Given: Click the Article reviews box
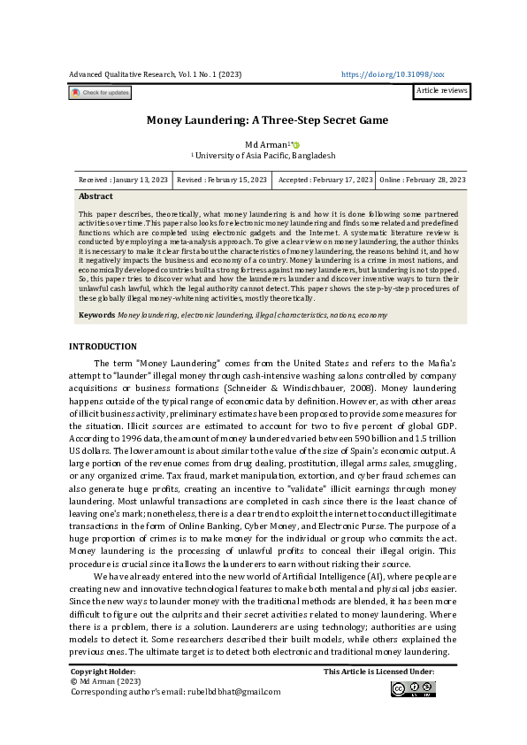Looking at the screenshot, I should [x=441, y=91].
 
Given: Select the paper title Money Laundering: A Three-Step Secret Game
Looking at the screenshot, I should [x=267, y=119].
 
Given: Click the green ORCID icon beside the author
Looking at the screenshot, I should [x=296, y=145].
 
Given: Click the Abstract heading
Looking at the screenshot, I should [x=95, y=196].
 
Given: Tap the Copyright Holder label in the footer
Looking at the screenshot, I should [x=103, y=672].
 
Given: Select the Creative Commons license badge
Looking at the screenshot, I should [x=412, y=689].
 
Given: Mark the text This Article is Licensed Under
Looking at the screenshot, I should [x=378, y=672].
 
